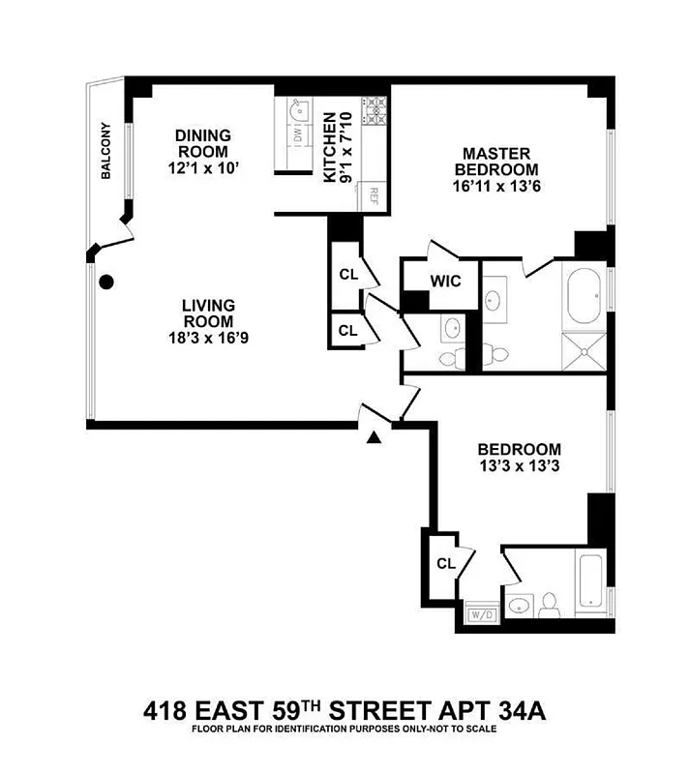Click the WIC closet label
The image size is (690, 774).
click(x=445, y=282)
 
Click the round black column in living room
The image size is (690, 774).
click(x=108, y=283)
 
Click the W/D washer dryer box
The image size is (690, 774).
click(x=481, y=613)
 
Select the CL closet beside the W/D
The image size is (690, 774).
click(x=445, y=563)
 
